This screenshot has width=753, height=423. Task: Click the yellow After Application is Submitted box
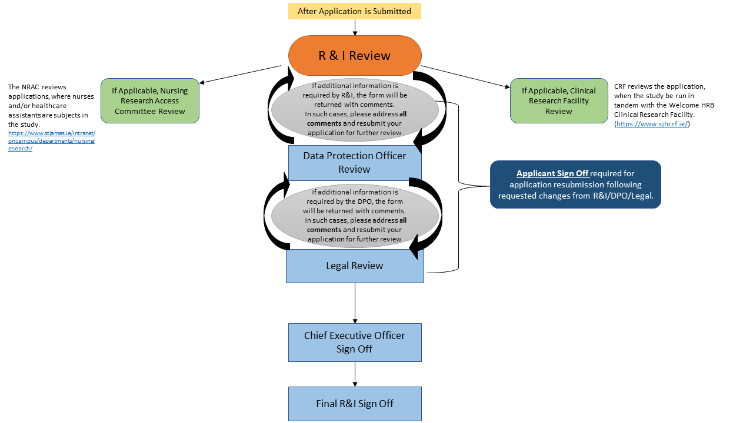pyautogui.click(x=354, y=11)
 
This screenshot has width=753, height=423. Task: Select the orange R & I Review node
pyautogui.click(x=354, y=56)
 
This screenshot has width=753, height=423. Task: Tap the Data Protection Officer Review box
pyautogui.click(x=354, y=163)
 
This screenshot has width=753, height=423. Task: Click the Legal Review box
pyautogui.click(x=354, y=266)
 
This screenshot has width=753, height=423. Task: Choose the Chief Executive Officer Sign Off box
pyautogui.click(x=354, y=342)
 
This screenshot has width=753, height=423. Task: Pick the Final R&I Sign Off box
pyautogui.click(x=354, y=404)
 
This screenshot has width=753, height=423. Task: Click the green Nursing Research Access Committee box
pyautogui.click(x=150, y=101)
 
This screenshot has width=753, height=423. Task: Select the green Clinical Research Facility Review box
pyautogui.click(x=558, y=101)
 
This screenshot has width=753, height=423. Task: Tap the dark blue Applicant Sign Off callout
pyautogui.click(x=575, y=184)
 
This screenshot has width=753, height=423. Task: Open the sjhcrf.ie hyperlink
pyautogui.click(x=652, y=124)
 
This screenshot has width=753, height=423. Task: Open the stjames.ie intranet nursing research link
pyautogui.click(x=51, y=141)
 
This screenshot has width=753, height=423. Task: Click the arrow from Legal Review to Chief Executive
pyautogui.click(x=355, y=303)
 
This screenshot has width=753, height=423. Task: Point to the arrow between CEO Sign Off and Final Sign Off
pyautogui.click(x=355, y=374)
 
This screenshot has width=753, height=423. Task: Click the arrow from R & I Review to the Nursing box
pyautogui.click(x=241, y=74)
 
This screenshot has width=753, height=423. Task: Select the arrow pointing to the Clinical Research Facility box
pyautogui.click(x=465, y=77)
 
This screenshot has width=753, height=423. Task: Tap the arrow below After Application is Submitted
pyautogui.click(x=355, y=27)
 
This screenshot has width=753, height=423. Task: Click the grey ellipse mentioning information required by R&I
pyautogui.click(x=354, y=109)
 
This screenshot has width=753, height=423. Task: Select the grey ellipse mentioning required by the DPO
pyautogui.click(x=354, y=216)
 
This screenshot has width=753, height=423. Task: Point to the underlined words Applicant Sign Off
pyautogui.click(x=552, y=173)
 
